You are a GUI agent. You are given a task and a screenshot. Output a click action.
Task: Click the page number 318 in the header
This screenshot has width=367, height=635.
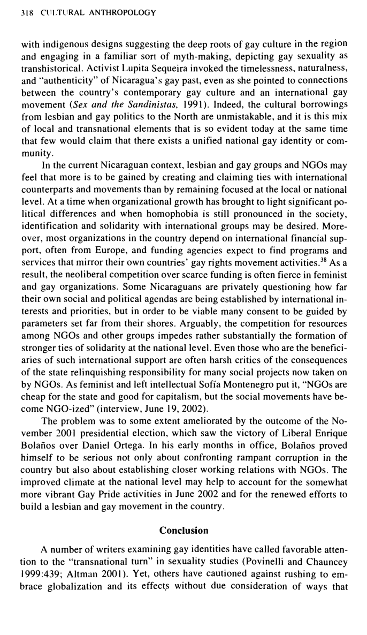22,12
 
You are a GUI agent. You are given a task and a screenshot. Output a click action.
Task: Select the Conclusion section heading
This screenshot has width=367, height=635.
184,530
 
